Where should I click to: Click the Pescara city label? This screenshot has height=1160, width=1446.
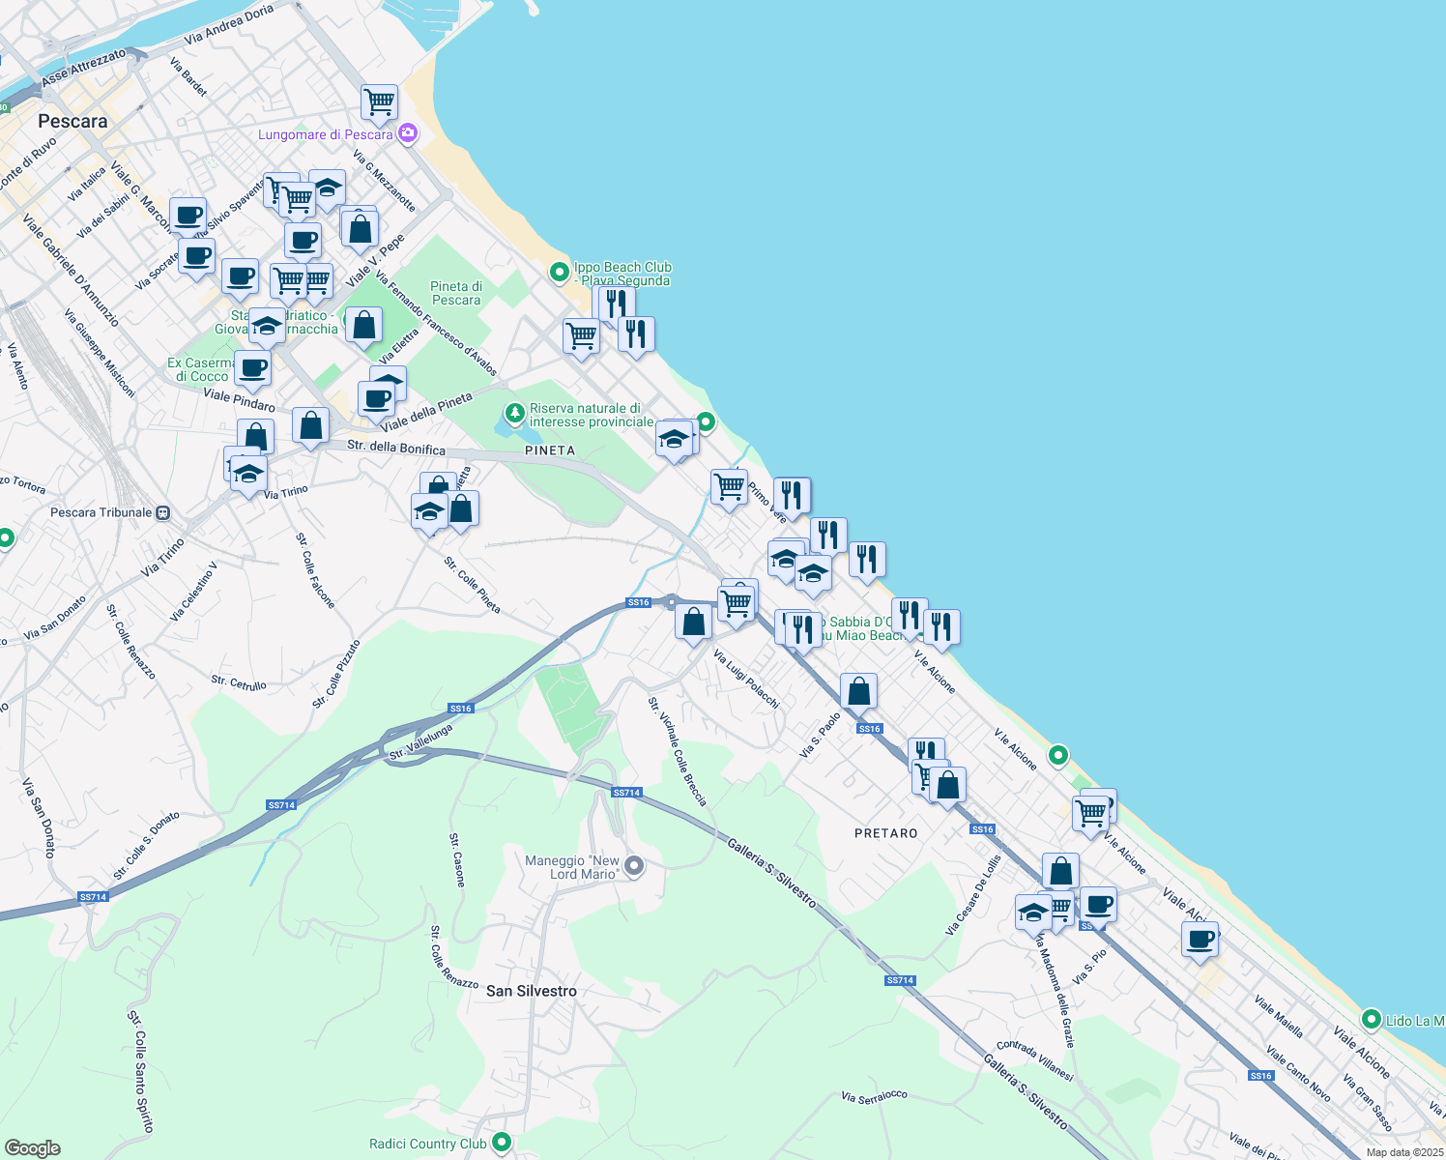(x=72, y=122)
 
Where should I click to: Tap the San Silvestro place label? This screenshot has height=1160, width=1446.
(x=531, y=991)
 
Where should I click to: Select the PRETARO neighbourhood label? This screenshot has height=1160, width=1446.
(x=885, y=833)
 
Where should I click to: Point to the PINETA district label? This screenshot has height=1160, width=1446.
(x=549, y=450)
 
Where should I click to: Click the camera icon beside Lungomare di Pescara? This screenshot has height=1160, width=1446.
(x=408, y=133)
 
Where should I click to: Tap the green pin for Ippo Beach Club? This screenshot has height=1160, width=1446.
(x=559, y=273)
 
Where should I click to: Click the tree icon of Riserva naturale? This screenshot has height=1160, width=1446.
(x=515, y=414)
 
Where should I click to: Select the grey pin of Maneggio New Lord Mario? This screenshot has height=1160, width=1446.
(x=634, y=866)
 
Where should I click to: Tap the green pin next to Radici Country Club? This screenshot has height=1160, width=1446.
(x=501, y=1143)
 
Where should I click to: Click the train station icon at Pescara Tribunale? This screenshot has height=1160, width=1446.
(x=163, y=512)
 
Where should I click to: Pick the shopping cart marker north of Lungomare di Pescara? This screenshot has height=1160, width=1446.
(x=380, y=101)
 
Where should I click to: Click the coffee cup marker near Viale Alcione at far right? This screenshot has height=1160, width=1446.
(x=1200, y=939)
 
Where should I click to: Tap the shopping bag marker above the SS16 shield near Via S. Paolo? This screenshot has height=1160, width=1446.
(x=858, y=692)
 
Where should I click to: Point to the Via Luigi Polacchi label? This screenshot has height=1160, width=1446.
(x=745, y=679)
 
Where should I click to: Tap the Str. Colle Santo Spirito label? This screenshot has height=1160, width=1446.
(x=141, y=1071)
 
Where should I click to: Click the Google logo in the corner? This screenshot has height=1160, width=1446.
(x=33, y=1148)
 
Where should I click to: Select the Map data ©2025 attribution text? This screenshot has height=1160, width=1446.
(x=1403, y=1152)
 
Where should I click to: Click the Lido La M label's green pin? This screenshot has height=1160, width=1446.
(x=1371, y=1019)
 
